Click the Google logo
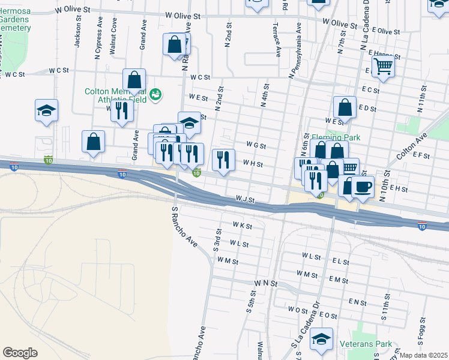pos(20,353)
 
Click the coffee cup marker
pos(363,186)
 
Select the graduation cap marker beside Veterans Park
pos(322,338)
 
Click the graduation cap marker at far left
pos(46,110)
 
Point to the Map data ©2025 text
pos(424,355)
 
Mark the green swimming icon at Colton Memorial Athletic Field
pos(155,94)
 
